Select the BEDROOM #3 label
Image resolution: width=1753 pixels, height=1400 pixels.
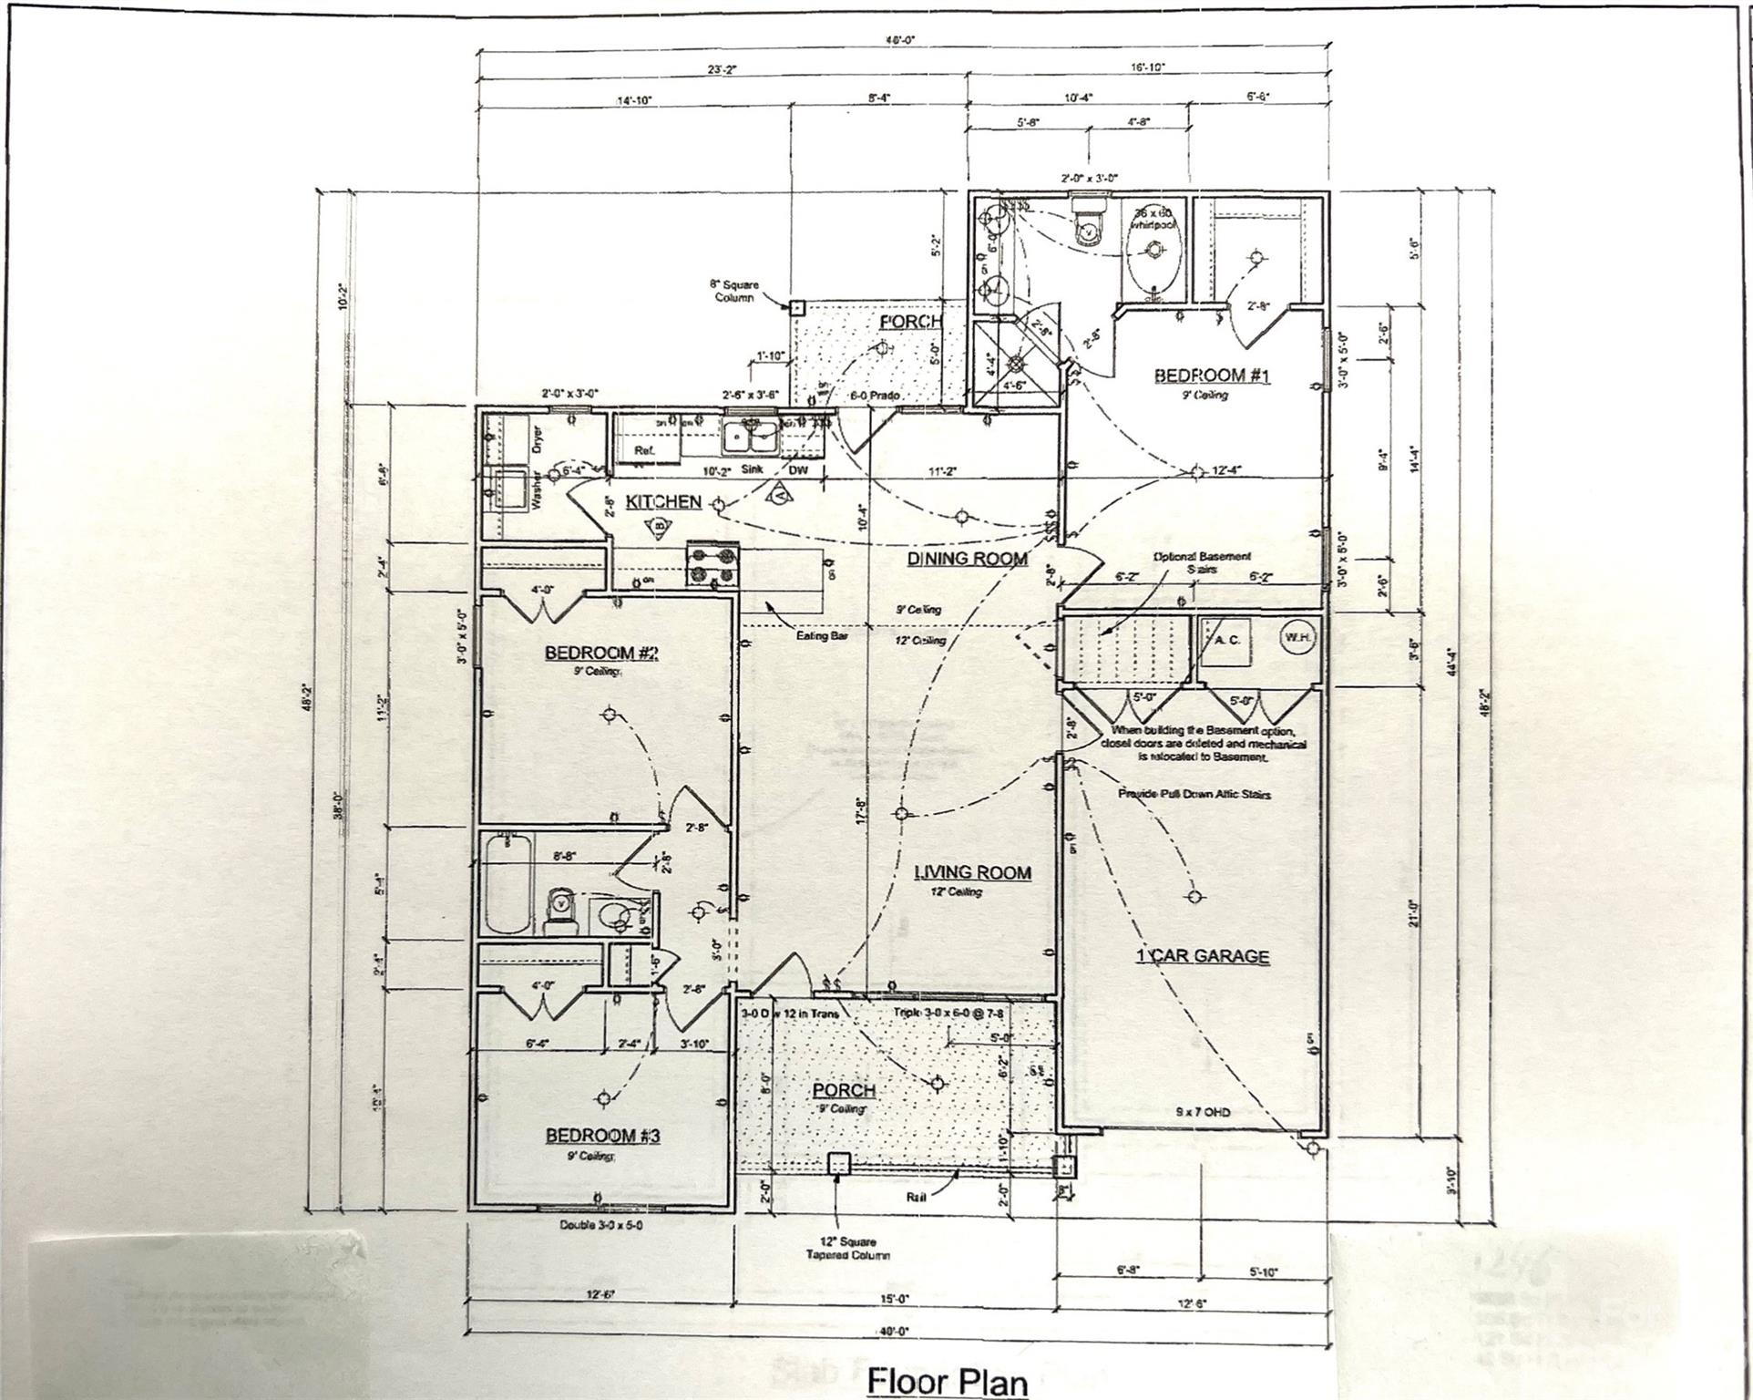[602, 1136]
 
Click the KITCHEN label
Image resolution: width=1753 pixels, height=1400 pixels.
[663, 502]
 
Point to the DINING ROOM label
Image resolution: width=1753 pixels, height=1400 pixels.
[967, 559]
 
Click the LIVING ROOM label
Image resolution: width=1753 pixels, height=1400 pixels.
[972, 872]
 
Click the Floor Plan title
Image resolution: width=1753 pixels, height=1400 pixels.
[947, 1381]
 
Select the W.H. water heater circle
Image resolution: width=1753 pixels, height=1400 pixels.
[1297, 638]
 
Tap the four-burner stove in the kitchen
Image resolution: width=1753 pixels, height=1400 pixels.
[712, 564]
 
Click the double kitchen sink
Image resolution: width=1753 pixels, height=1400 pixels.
[751, 438]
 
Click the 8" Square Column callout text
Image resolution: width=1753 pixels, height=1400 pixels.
[733, 291]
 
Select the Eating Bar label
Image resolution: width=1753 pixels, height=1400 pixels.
[822, 635]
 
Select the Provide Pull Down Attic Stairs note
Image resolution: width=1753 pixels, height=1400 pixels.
[1194, 794]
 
